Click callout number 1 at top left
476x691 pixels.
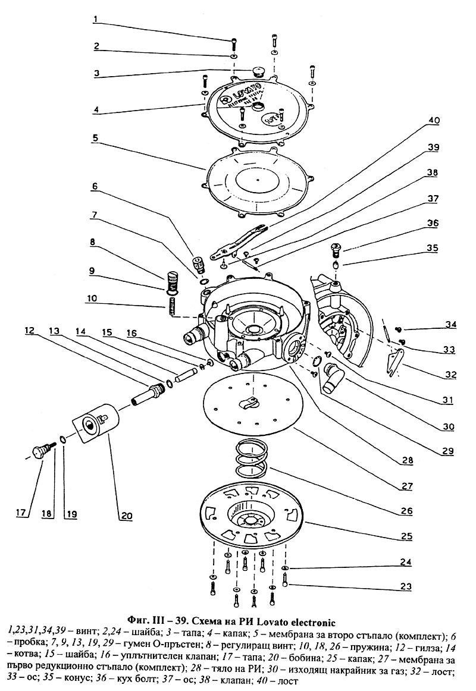click(x=95, y=18)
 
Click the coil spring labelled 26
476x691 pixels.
click(x=250, y=457)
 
